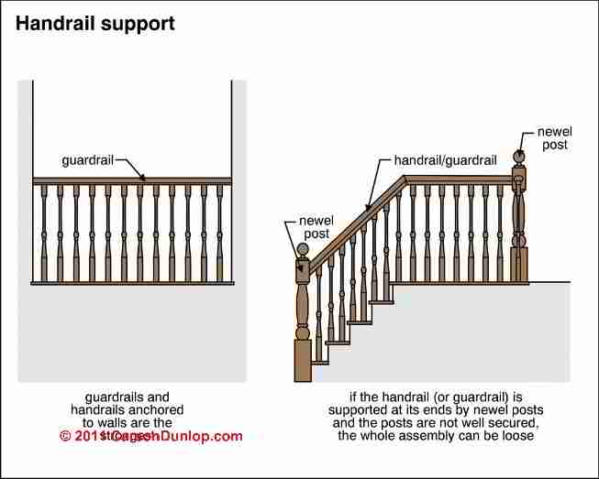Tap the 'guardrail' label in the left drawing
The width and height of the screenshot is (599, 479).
[87, 159]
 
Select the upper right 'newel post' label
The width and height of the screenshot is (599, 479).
[553, 137]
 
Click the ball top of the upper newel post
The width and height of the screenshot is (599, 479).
[518, 157]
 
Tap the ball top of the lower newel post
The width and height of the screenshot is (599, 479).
[303, 248]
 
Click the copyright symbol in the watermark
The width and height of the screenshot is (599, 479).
[65, 437]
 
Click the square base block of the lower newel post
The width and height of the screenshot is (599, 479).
[302, 361]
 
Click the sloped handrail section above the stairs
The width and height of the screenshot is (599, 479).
[353, 224]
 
